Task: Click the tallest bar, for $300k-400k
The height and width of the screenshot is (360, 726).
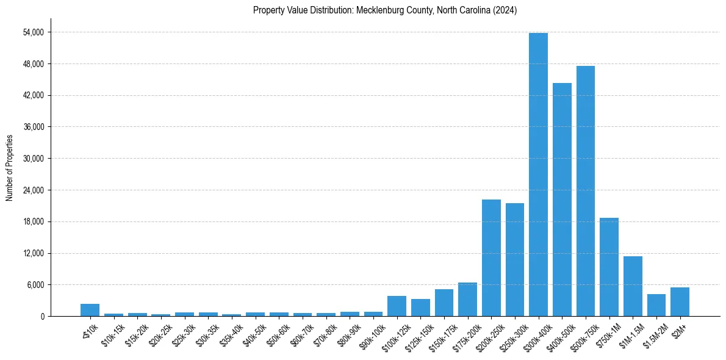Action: click(x=538, y=175)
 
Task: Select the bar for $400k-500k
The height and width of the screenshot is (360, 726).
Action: click(x=562, y=200)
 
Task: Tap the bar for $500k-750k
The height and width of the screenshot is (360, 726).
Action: click(x=586, y=191)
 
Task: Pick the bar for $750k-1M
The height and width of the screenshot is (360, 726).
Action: click(x=609, y=267)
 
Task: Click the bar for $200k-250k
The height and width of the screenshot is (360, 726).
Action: click(x=491, y=257)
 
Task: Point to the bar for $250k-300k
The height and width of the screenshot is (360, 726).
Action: click(x=515, y=259)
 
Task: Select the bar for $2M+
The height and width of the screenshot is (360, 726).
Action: click(x=680, y=301)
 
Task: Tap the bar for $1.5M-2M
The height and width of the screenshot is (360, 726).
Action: click(x=656, y=305)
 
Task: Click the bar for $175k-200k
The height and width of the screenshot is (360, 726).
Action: click(x=467, y=299)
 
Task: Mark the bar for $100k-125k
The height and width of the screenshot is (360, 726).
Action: click(x=397, y=306)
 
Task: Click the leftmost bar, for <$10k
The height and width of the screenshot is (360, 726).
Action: click(x=90, y=310)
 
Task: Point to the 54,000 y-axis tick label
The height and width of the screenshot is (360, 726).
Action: click(x=33, y=32)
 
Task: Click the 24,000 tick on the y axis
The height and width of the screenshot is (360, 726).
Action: click(x=33, y=190)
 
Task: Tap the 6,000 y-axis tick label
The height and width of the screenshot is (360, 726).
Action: click(x=35, y=285)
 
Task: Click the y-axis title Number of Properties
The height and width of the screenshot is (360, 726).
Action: click(x=9, y=168)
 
